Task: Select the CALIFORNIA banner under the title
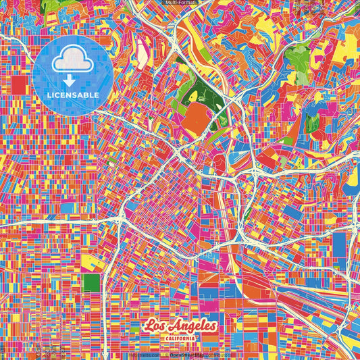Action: [x=180, y=338]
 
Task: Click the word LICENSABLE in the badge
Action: [x=74, y=95]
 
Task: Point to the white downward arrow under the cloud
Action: [x=73, y=80]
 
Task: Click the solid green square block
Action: [x=91, y=282]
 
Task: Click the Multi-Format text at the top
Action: [x=181, y=3]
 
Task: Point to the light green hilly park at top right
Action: [x=297, y=57]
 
